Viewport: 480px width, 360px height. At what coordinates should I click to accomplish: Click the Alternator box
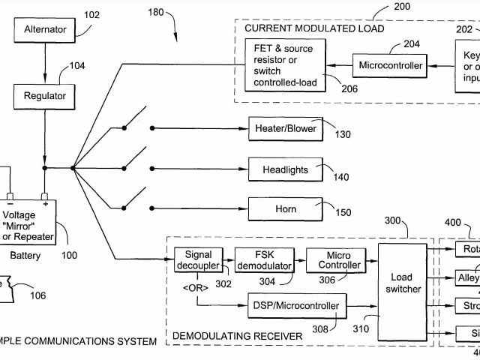point(45,31)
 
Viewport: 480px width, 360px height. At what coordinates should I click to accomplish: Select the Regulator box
point(45,96)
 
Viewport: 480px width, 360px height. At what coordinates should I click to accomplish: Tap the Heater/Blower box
point(285,128)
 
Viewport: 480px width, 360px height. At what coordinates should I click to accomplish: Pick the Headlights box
point(285,169)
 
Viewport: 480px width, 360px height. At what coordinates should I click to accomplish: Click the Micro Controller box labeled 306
point(333,261)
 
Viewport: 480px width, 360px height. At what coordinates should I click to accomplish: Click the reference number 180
point(155,13)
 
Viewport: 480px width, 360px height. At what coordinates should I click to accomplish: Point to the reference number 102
point(91,14)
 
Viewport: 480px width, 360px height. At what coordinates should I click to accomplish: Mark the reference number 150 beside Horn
point(343,213)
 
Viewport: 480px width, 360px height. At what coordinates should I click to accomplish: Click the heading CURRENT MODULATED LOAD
point(314,28)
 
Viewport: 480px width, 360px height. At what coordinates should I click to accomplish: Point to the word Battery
point(25,256)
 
